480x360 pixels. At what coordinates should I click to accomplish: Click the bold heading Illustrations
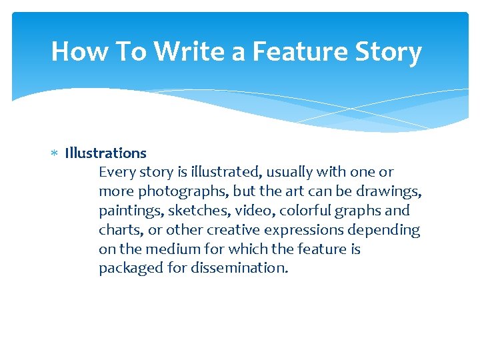[105, 153]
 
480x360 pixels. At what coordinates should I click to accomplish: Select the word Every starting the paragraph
[117, 172]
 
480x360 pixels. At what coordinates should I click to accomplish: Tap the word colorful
[303, 211]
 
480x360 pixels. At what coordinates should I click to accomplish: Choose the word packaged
[129, 268]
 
